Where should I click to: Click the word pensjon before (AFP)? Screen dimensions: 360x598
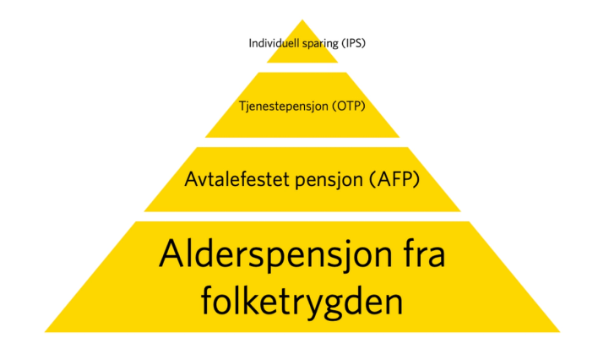pyautogui.click(x=323, y=180)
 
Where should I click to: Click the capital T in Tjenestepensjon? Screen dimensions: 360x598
pyautogui.click(x=243, y=107)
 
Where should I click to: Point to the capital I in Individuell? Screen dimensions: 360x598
pyautogui.click(x=250, y=43)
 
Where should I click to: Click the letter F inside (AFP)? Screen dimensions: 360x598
pyautogui.click(x=395, y=179)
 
